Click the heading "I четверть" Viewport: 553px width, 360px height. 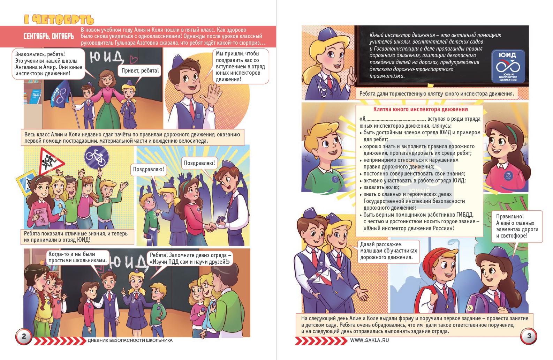click(x=59, y=20)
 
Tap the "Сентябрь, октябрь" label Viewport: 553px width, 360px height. click(x=48, y=37)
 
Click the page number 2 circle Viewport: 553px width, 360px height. click(x=24, y=336)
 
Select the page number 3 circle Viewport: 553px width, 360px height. click(x=529, y=336)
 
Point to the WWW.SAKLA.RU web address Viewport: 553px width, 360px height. click(x=369, y=340)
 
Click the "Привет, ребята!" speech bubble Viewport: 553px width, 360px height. click(x=140, y=71)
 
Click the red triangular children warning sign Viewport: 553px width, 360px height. click(x=50, y=162)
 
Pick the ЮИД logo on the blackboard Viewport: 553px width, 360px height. click(x=508, y=66)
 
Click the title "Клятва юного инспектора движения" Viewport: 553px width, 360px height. click(x=421, y=110)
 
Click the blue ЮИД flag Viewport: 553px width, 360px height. click(x=60, y=94)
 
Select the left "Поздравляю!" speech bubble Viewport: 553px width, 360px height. click(x=149, y=170)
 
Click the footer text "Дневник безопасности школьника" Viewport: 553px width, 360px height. click(x=130, y=340)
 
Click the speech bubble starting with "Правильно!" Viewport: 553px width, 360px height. click(x=517, y=226)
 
